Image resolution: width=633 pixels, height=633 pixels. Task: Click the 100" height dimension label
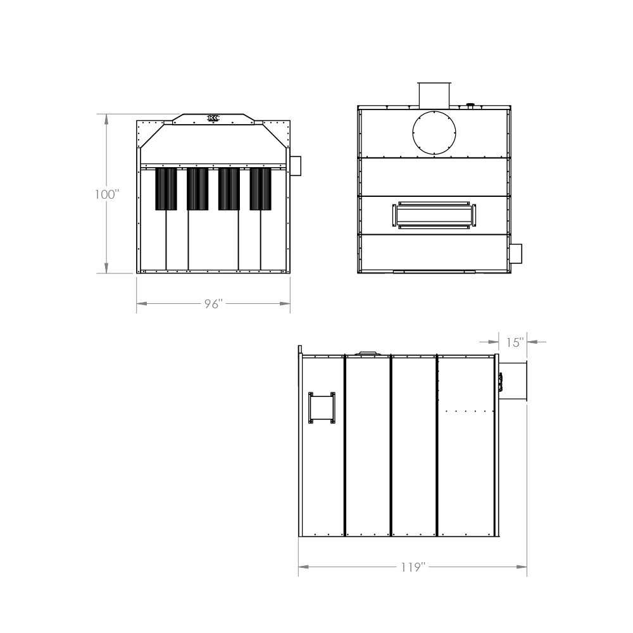[108, 194]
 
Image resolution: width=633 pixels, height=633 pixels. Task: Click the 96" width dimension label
[213, 304]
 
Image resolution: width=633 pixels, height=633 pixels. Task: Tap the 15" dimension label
[515, 342]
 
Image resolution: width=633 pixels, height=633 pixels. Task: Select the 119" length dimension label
[413, 567]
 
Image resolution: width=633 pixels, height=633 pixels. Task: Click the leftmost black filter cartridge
[166, 189]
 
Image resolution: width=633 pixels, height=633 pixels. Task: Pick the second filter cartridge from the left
[197, 189]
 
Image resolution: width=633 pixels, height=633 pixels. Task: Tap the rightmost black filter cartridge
[260, 189]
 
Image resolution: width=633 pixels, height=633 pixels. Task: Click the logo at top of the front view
[213, 118]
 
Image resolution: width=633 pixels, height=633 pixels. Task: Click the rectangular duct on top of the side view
[434, 96]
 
